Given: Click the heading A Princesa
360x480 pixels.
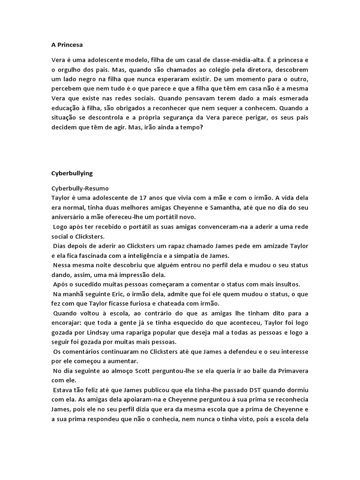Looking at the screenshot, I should tap(67, 45).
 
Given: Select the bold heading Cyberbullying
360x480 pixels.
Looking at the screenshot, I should tap(72, 173).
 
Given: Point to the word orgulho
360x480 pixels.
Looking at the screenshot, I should tap(71, 69).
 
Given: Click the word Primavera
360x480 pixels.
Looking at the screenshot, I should tap(291, 370).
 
